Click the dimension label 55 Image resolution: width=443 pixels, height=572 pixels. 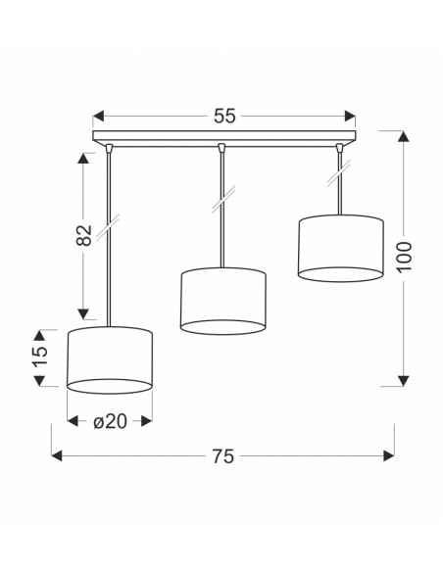click(224, 116)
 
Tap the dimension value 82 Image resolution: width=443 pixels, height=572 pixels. click(84, 235)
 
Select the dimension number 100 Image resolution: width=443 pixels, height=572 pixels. click(404, 257)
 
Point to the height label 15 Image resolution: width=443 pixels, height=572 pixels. click(40, 357)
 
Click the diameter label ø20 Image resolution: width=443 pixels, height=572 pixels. click(110, 422)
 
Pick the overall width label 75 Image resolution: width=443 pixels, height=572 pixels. click(222, 456)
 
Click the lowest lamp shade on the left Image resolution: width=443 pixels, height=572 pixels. click(110, 360)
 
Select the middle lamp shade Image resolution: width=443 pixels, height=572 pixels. click(222, 301)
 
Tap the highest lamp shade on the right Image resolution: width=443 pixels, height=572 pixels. click(341, 248)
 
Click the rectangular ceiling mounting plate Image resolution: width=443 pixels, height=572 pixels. click(224, 137)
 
